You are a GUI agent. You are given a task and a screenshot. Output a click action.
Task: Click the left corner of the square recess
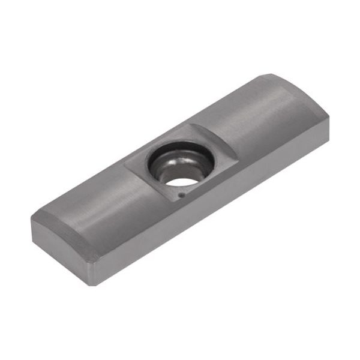[124, 163]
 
